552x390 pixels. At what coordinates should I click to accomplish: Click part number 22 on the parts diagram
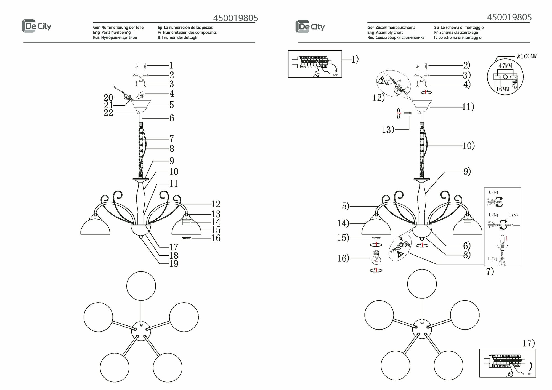click(108, 113)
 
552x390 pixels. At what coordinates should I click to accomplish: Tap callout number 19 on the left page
click(174, 264)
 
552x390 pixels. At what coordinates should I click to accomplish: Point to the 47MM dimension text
click(505, 66)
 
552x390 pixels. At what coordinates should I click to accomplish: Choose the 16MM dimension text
click(502, 89)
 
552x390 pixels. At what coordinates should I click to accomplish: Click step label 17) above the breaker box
click(529, 343)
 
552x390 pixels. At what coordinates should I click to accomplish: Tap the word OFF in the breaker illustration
click(335, 75)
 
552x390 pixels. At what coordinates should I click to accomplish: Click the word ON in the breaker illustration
click(530, 374)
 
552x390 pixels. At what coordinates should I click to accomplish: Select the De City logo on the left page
click(36, 26)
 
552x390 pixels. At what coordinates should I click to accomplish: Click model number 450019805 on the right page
click(509, 17)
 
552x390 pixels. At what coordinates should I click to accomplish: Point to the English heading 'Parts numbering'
click(116, 33)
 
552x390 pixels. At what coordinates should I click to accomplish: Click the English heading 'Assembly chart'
click(389, 33)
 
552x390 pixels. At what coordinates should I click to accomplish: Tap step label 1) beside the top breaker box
click(355, 59)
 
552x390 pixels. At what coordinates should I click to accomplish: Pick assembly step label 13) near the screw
click(388, 130)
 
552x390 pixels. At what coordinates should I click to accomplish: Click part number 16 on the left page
click(216, 238)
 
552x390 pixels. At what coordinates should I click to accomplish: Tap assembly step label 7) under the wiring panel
click(490, 272)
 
